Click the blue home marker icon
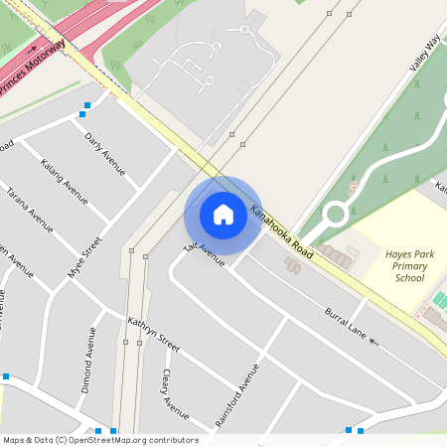pyautogui.click(x=223, y=215)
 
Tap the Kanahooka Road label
pyautogui.click(x=282, y=232)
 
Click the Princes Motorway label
pyautogui.click(x=32, y=69)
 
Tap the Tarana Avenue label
pyautogui.click(x=29, y=208)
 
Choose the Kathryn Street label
pyautogui.click(x=154, y=335)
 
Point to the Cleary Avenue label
pyautogui.click(x=175, y=393)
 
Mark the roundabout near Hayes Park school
pyautogui.click(x=336, y=212)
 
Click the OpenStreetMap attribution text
pyautogui.click(x=99, y=440)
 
